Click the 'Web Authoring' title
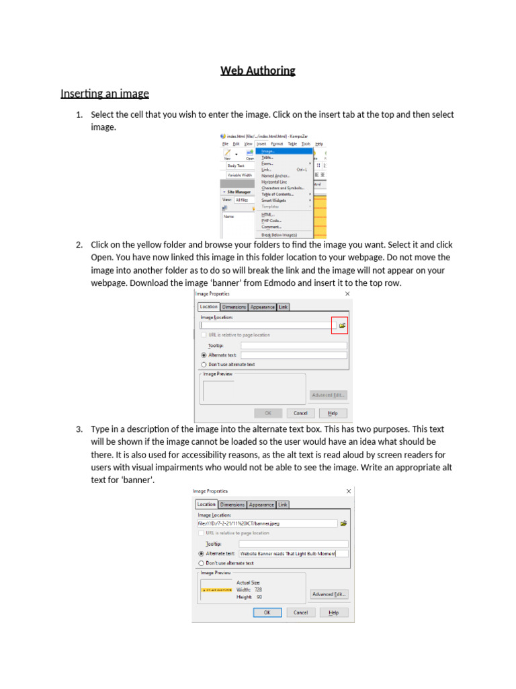click(258, 70)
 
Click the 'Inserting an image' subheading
click(104, 93)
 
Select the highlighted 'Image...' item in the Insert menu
click(269, 151)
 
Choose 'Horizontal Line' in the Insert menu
click(274, 182)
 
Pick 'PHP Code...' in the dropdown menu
click(271, 220)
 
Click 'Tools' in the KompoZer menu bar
click(306, 143)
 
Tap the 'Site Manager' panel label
click(239, 192)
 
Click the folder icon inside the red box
click(342, 326)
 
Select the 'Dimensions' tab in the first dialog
click(234, 307)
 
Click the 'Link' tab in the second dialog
click(283, 504)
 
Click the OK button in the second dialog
click(267, 612)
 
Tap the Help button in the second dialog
click(334, 612)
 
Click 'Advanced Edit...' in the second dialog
click(329, 594)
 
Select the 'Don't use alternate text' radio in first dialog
click(203, 364)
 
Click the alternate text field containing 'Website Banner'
click(294, 553)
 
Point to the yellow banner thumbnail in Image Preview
click(215, 589)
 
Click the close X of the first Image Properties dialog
click(347, 294)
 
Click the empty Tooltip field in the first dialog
click(294, 345)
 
